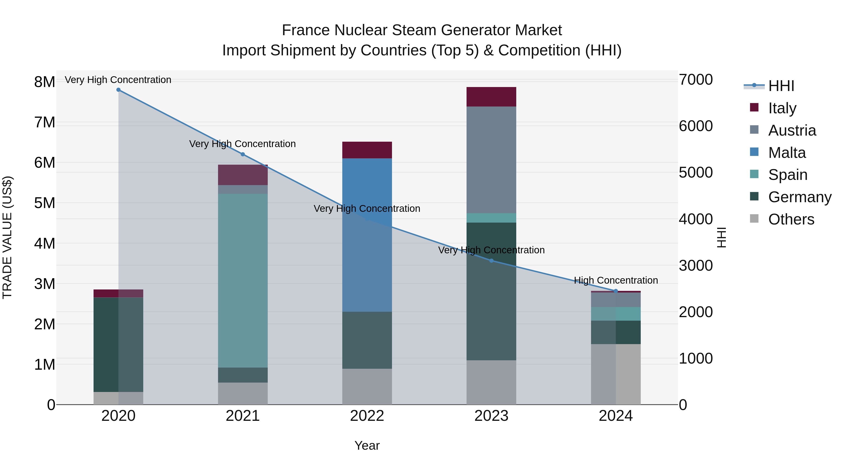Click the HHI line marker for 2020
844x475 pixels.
click(x=118, y=90)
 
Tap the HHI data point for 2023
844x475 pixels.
click(x=491, y=261)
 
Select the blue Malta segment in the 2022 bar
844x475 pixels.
click(x=367, y=235)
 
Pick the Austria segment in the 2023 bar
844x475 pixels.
click(x=491, y=160)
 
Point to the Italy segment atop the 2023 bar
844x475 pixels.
click(x=491, y=97)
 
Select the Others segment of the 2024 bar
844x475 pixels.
click(x=616, y=374)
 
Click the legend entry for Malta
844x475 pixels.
click(x=786, y=153)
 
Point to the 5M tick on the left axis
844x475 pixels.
click(x=45, y=203)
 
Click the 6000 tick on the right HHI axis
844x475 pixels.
click(x=695, y=126)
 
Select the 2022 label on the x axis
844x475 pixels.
click(x=367, y=416)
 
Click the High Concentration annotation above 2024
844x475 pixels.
click(x=616, y=280)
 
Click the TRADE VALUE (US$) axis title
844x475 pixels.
click(x=7, y=237)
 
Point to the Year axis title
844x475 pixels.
click(x=367, y=445)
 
